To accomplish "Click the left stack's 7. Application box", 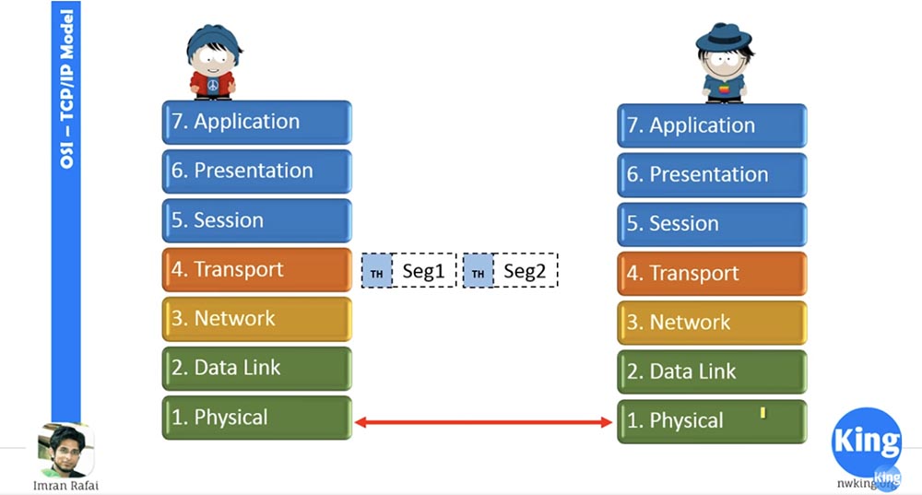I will click(x=256, y=122).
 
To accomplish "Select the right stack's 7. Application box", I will click(x=712, y=125).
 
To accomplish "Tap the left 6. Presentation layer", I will click(x=256, y=171).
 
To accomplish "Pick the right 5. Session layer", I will click(x=712, y=224).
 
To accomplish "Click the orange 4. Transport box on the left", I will click(x=256, y=269).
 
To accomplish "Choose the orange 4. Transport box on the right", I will click(x=712, y=273).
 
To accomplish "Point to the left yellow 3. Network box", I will click(x=256, y=319).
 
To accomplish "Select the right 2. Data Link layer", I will click(x=712, y=371).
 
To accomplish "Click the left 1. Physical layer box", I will click(x=256, y=418).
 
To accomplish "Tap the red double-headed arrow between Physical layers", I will click(x=484, y=422).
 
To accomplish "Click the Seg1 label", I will click(x=424, y=272).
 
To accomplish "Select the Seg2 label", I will click(x=526, y=272).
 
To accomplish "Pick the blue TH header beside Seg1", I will click(x=377, y=272).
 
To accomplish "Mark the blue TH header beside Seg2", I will click(x=478, y=272).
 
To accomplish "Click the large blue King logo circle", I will click(x=866, y=441).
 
